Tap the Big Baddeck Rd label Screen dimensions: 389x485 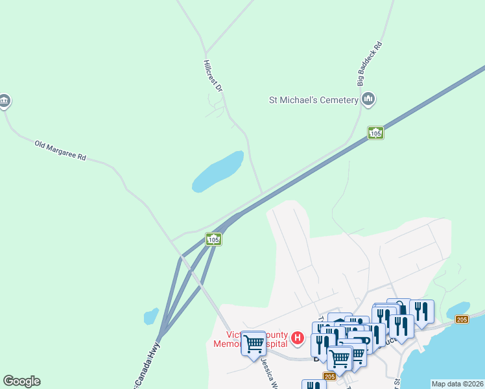click(370, 65)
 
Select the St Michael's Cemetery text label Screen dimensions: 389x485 click(314, 100)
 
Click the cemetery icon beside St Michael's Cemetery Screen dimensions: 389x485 click(369, 99)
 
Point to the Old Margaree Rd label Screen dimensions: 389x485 click(60, 149)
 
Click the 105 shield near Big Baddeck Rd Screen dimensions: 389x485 click(375, 133)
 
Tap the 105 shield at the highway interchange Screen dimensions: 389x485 click(214, 239)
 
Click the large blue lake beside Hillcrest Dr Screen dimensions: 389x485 click(217, 172)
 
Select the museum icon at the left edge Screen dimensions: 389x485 click(5, 100)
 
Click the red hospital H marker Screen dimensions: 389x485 click(298, 337)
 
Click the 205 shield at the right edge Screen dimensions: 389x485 click(462, 320)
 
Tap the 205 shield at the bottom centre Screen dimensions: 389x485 click(329, 376)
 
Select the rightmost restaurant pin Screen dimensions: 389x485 click(422, 312)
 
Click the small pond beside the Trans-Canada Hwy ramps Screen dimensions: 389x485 click(151, 316)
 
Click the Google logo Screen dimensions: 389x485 click(21, 381)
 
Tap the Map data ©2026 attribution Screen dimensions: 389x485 click(456, 384)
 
